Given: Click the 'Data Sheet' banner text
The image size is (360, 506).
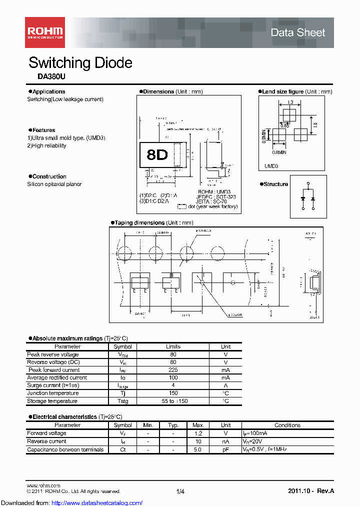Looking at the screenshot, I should [297, 32].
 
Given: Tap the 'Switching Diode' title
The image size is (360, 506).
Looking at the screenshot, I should [80, 62].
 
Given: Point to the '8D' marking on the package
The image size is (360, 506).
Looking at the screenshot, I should [157, 155].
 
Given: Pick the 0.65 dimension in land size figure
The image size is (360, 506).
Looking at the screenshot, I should [284, 125].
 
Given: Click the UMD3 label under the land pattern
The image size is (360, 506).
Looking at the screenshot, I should [271, 166].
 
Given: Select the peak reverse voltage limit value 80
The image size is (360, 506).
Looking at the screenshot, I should [173, 354].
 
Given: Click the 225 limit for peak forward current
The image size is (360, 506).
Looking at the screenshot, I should [173, 370].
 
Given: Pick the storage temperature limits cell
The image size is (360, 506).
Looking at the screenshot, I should [173, 401].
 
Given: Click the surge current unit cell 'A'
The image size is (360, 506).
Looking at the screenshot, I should [226, 385].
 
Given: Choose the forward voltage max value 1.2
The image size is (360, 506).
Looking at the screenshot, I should [197, 433].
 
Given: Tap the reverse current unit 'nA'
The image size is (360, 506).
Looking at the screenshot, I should [225, 441].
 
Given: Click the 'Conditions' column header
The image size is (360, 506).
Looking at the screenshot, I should [287, 425].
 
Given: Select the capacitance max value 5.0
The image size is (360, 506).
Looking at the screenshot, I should [197, 449].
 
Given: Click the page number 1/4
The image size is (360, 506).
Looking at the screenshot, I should [180, 491].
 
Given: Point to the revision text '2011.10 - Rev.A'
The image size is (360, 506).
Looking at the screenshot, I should [310, 491].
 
